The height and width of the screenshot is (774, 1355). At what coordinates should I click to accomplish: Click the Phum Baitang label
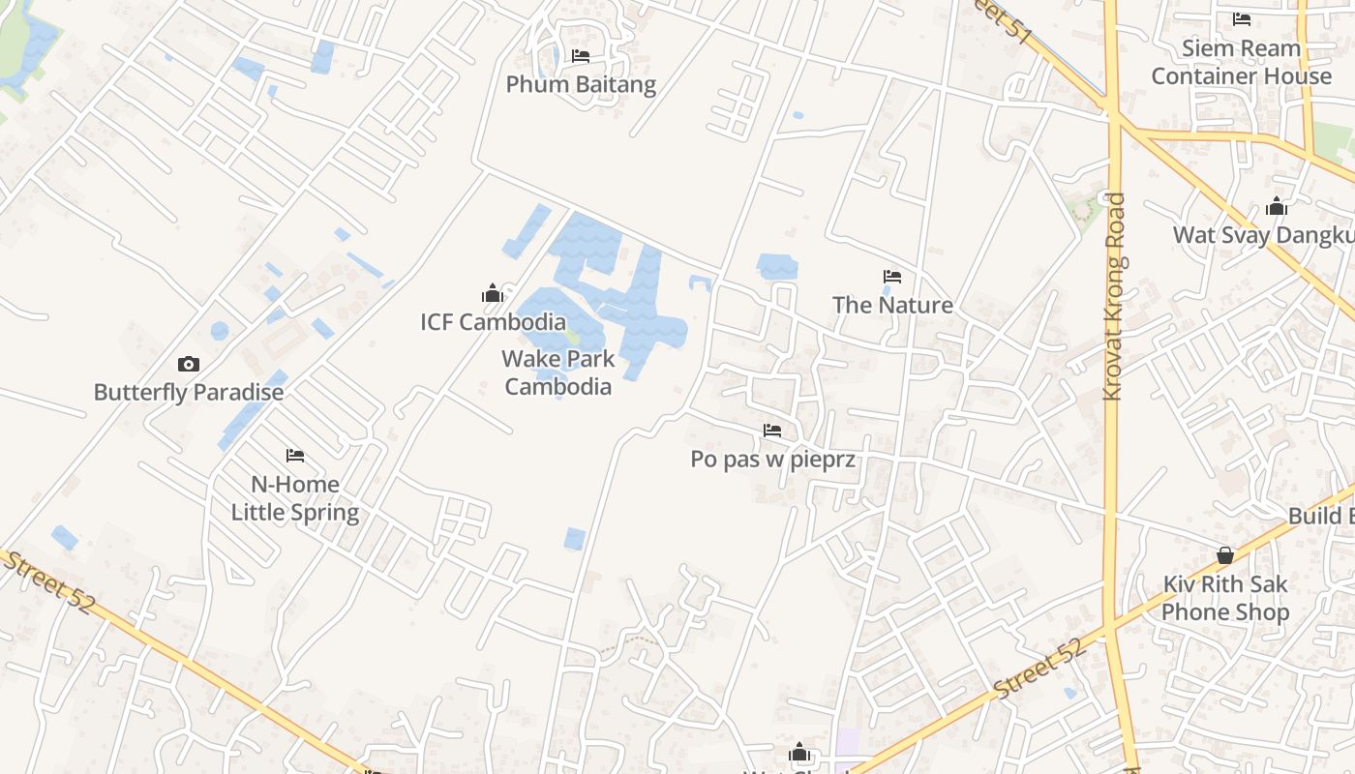coord(581,84)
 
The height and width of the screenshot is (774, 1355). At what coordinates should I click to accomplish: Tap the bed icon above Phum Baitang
coord(581,56)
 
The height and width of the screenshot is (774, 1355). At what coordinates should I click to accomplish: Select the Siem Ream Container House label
coord(1242,62)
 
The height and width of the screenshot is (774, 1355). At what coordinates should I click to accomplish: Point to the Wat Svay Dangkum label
coord(1263,235)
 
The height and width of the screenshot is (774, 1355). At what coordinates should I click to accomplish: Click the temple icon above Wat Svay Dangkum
coord(1277,207)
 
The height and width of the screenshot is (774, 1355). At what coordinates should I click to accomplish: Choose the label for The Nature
coord(892,305)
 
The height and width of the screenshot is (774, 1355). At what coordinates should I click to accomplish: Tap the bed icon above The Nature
coord(892,278)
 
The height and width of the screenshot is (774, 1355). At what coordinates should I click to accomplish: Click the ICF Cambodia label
coord(493,322)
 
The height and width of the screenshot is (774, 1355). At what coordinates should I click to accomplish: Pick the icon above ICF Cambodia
coord(493,294)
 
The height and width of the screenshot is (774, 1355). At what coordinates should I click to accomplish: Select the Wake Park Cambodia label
coord(558,372)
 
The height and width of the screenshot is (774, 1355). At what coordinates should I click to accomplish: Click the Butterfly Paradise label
coord(189,392)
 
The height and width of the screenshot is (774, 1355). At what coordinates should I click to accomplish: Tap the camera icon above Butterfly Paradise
coord(189,365)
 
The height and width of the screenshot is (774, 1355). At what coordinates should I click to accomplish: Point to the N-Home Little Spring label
coord(295,498)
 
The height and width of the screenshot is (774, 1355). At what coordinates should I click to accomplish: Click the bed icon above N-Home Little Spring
coord(295,456)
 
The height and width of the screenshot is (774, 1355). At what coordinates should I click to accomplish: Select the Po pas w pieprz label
coord(772,459)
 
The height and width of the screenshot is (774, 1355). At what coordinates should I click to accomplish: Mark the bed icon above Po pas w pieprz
coord(772,431)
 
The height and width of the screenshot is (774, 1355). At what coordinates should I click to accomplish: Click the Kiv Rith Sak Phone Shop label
coord(1225,598)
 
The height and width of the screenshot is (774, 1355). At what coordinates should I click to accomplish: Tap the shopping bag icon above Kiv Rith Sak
coord(1225,555)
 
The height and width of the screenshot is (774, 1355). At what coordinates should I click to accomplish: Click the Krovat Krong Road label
coord(1115,297)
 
